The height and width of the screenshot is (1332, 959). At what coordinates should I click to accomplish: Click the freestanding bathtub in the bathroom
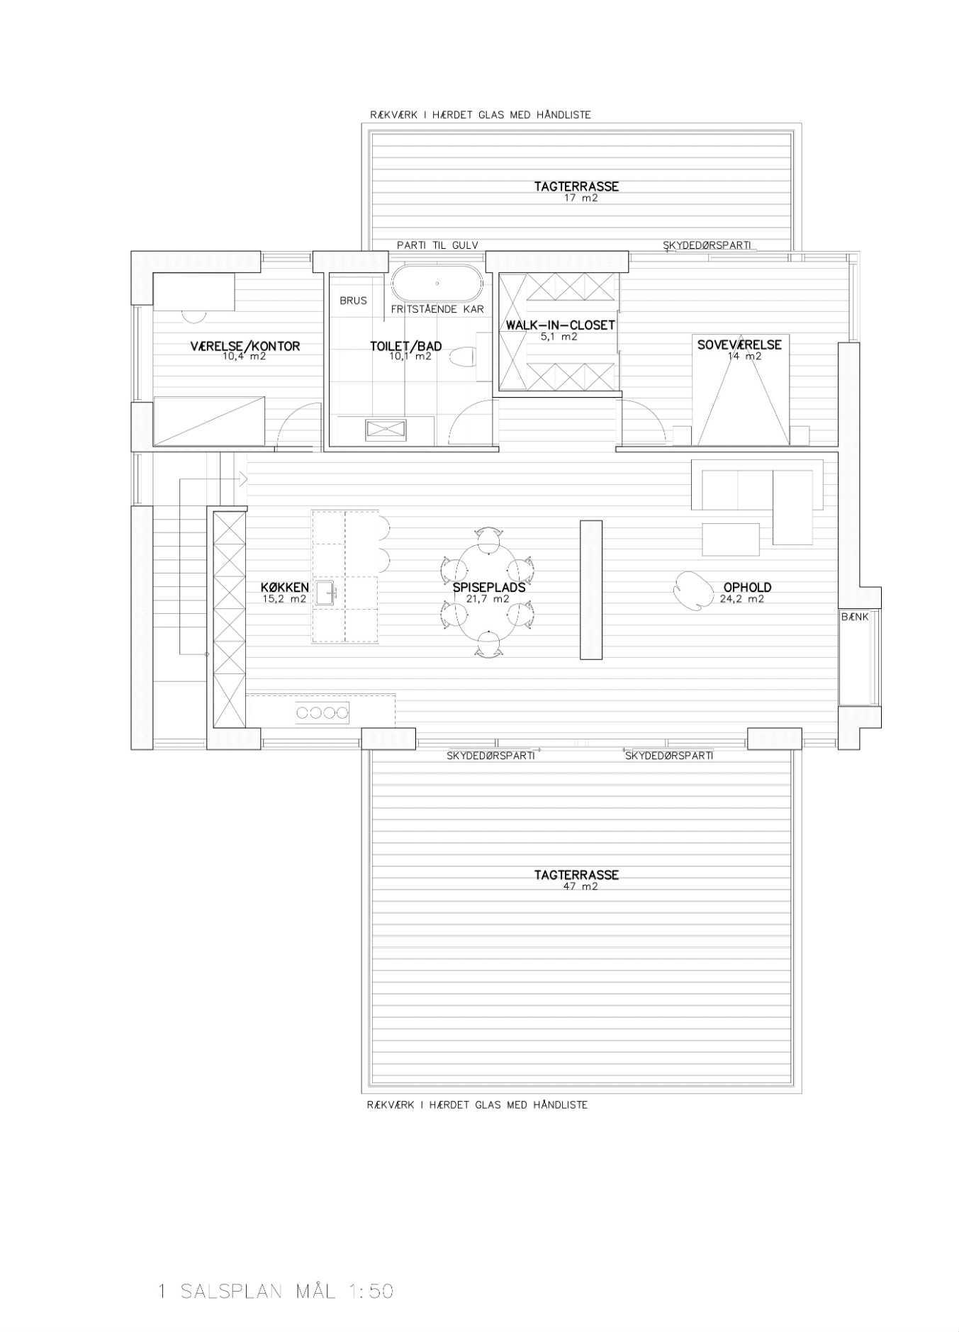pos(437,283)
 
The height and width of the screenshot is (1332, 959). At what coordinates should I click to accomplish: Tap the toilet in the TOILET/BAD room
pos(464,357)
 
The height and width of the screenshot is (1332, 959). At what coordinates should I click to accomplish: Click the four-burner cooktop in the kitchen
pos(323,712)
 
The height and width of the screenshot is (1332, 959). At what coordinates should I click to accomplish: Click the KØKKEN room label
pos(285,587)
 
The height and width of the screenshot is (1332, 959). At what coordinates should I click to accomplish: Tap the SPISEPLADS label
pos(489,587)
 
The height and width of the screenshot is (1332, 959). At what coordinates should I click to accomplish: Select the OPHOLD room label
pos(747,587)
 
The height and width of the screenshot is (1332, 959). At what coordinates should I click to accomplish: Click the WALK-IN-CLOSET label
pos(560,325)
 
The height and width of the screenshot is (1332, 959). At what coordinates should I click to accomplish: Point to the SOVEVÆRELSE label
pos(739,345)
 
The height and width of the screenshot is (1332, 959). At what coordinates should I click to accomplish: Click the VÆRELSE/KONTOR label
pos(245,346)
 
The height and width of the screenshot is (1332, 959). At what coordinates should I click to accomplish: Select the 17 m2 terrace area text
pos(581,198)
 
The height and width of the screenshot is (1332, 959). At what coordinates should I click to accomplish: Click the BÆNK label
pos(855,617)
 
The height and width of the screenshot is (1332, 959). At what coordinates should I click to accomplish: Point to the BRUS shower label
pos(353,301)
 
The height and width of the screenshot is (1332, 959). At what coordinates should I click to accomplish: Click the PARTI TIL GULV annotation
pos(437,245)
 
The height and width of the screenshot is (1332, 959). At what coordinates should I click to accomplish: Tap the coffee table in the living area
pos(731,539)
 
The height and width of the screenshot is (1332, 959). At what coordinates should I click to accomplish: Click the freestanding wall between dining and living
pos(591,590)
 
